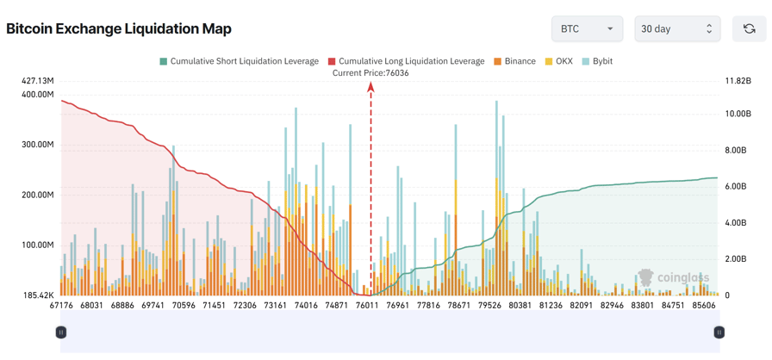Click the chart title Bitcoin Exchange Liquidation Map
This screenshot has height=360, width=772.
(x=119, y=29)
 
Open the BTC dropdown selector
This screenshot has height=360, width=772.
(x=587, y=28)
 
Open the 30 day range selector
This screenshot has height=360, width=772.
(x=676, y=28)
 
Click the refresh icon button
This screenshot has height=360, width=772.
(x=749, y=28)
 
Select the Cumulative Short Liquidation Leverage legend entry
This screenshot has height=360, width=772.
(x=239, y=61)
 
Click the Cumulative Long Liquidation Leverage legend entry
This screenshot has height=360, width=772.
(x=407, y=61)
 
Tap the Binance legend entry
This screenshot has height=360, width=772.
(x=515, y=61)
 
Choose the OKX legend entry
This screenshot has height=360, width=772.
(x=558, y=61)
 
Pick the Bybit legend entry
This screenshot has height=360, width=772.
(x=597, y=61)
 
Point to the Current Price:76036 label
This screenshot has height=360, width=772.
(x=370, y=73)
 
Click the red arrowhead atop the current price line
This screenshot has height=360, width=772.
(x=371, y=86)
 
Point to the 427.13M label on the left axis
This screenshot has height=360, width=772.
(x=38, y=81)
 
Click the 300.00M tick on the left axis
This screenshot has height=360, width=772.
(x=38, y=145)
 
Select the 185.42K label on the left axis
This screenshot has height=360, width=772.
(x=38, y=295)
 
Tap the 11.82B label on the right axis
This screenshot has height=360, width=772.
(x=738, y=81)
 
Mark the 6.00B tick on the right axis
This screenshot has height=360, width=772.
(x=737, y=186)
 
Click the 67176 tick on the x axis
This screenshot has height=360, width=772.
(x=61, y=306)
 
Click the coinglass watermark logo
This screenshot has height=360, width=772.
(x=673, y=277)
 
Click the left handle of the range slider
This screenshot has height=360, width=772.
(x=61, y=332)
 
